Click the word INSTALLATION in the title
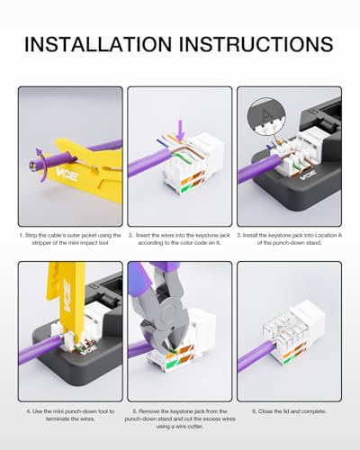click(98, 44)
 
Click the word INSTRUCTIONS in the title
click(256, 44)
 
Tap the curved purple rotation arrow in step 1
click(41, 165)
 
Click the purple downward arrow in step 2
click(180, 130)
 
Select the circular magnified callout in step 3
click(266, 116)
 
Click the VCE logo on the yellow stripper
click(67, 175)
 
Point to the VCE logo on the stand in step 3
click(309, 175)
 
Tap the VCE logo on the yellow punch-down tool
click(68, 295)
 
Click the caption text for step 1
click(70, 239)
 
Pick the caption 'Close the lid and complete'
click(289, 411)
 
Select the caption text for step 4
click(70, 415)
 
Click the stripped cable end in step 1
click(31, 165)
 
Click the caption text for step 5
click(180, 418)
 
